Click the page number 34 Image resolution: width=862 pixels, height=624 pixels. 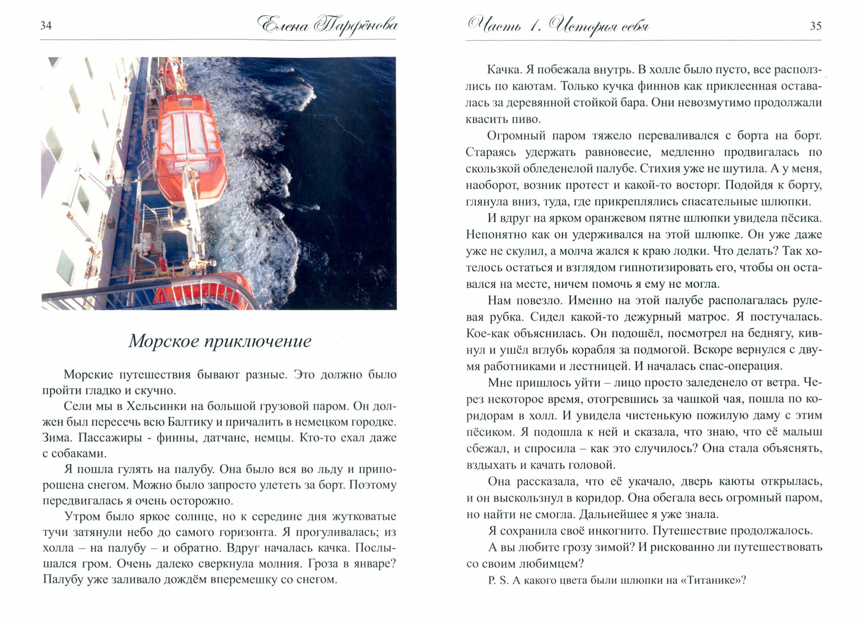(46, 26)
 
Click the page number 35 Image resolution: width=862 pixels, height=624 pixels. (815, 26)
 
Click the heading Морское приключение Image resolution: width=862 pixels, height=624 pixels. (220, 341)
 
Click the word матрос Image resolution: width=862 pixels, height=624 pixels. (706, 317)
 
